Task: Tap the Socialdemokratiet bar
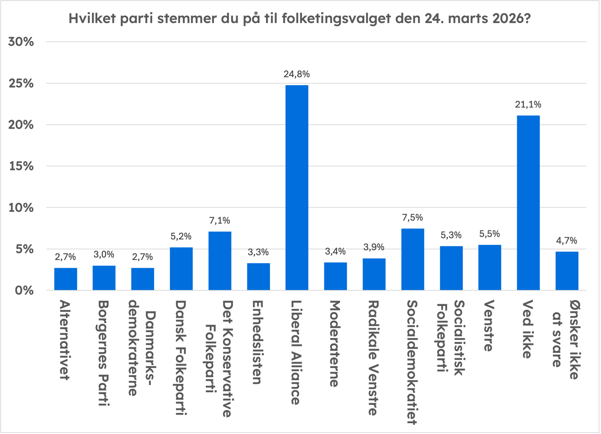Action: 413,259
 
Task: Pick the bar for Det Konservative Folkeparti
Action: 220,261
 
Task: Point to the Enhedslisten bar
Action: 258,276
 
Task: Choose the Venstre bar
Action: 490,267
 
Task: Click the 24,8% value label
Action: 297,74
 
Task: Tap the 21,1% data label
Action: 528,104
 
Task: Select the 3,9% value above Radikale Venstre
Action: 374,247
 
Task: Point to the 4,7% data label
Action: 566,241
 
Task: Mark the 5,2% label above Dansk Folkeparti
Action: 181,236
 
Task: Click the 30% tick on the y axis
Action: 21,42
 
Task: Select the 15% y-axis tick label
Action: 21,166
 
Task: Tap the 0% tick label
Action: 24,290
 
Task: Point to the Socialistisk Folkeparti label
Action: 451,338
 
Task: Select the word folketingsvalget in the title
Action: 336,19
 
